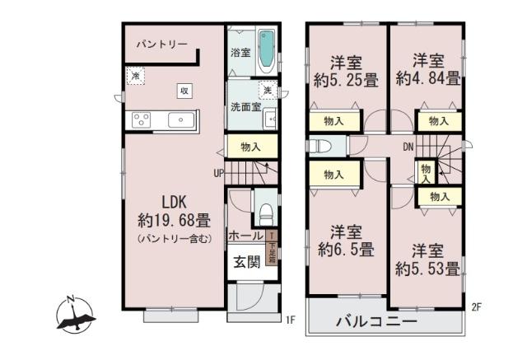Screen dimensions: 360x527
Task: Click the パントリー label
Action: pyautogui.click(x=162, y=44)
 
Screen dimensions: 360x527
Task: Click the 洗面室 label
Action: pyautogui.click(x=245, y=107)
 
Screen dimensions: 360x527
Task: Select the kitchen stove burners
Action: pyautogui.click(x=139, y=120)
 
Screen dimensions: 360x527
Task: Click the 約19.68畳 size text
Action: pyautogui.click(x=174, y=221)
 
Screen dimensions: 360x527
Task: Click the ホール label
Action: pyautogui.click(x=245, y=236)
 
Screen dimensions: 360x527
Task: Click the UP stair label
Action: pyautogui.click(x=219, y=173)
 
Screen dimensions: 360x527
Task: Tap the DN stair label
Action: pyautogui.click(x=408, y=147)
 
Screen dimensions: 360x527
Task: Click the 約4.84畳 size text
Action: pyautogui.click(x=427, y=79)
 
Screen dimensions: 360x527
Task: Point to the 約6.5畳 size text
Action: pyautogui.click(x=345, y=249)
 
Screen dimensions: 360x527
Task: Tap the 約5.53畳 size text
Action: pyautogui.click(x=427, y=269)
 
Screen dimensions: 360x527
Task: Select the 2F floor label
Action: pyautogui.click(x=476, y=308)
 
